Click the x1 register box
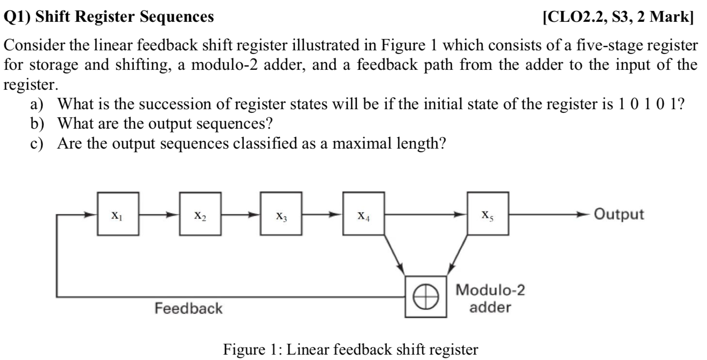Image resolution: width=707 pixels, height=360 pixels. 118,214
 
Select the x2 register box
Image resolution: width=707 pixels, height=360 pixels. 200,214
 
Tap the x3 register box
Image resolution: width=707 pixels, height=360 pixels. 281,214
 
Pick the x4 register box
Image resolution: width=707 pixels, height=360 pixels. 363,214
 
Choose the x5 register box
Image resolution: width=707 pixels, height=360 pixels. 488,214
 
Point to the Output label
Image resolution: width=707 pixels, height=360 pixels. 618,214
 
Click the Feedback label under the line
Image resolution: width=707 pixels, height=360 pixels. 189,308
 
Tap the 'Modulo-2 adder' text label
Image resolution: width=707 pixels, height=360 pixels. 490,298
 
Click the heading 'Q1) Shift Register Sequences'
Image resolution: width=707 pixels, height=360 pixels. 109,17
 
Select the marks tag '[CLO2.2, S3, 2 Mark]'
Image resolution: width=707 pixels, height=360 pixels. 618,17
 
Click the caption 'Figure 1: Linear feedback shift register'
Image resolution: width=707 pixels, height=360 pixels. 351,350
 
